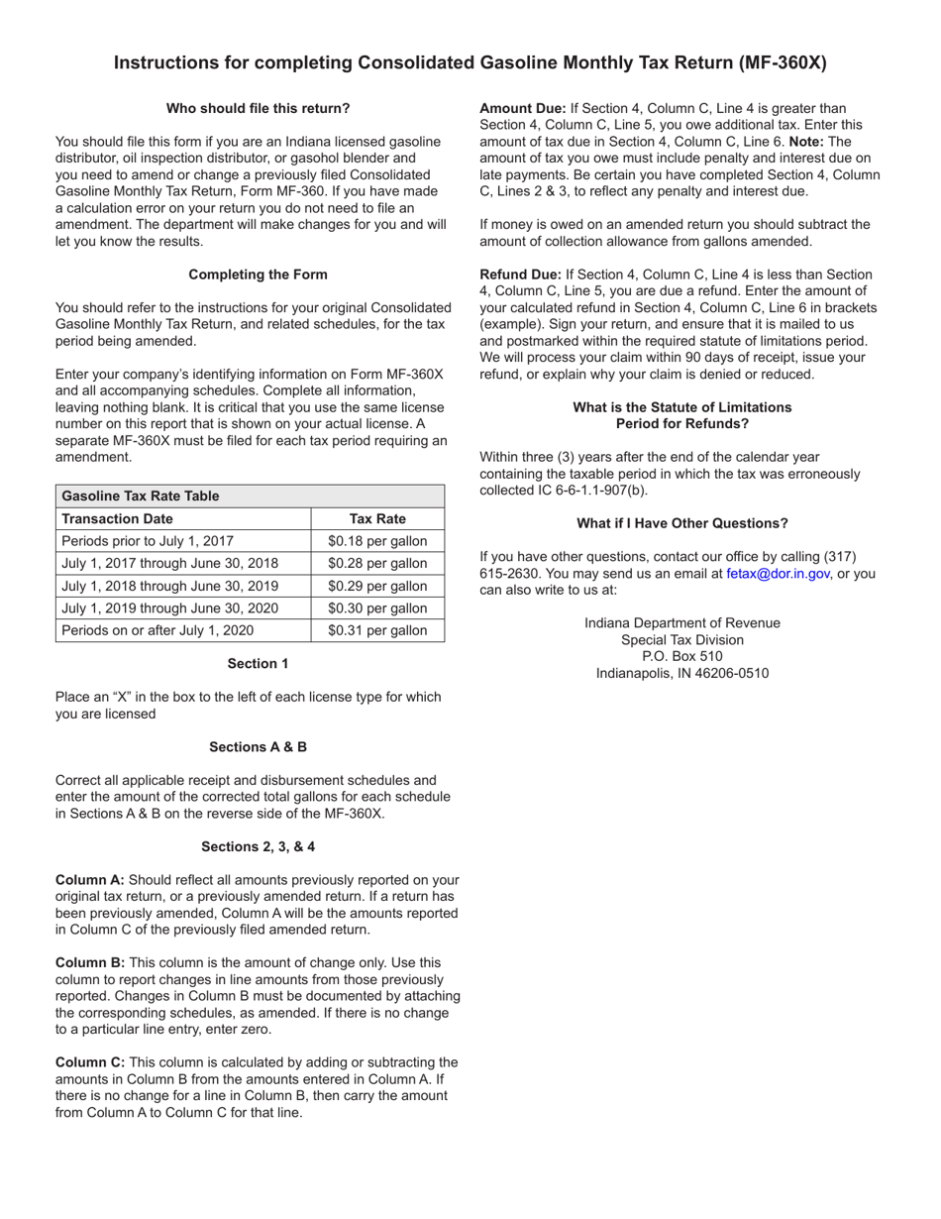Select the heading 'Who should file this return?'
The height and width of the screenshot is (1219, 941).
coord(258,108)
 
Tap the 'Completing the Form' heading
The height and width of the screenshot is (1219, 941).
coord(258,275)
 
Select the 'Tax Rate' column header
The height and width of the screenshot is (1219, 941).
coord(377,518)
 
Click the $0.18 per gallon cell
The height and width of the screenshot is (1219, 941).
coord(377,541)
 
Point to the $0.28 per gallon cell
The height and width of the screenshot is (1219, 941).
coord(377,563)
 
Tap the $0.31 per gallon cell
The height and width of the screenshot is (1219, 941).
coord(377,630)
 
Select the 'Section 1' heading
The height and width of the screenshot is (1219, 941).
coord(258,663)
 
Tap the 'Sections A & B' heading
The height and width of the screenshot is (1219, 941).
coord(258,746)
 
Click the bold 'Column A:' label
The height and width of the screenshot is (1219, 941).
coord(90,879)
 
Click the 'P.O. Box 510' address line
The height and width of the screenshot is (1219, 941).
coord(681,656)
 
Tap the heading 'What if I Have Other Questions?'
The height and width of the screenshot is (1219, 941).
coord(681,523)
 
